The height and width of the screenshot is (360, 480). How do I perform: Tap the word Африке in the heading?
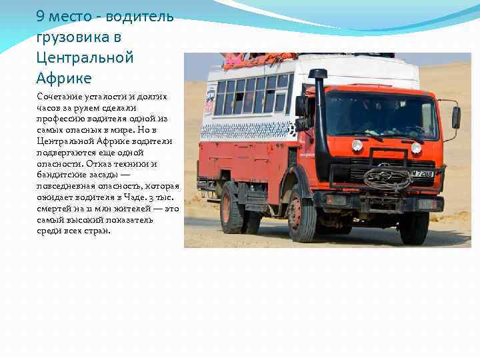pos(64,78)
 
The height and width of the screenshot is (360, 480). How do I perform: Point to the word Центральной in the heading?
pos(85,57)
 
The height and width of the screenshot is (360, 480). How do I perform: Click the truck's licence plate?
pos(421,174)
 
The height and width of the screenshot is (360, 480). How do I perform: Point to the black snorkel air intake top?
pos(318,73)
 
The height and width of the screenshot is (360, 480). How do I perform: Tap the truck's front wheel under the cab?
pos(302,219)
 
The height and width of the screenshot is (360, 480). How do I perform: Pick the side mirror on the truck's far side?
pos(456,117)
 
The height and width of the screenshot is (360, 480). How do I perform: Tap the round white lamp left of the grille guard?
pos(357,145)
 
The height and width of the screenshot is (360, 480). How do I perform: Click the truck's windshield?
pos(381,114)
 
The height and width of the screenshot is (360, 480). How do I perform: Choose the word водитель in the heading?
pos(140,15)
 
